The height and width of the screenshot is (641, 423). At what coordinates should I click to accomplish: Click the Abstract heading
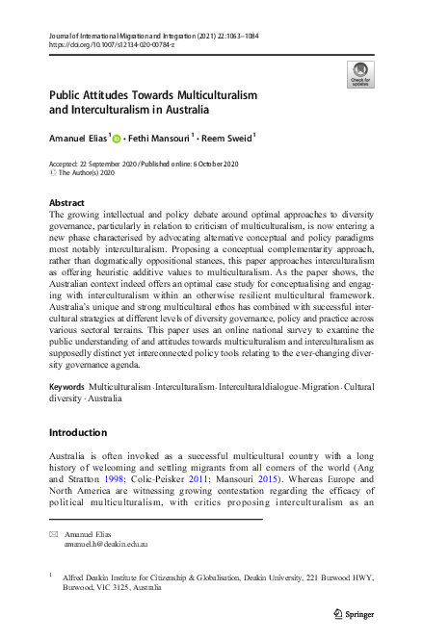point(67,203)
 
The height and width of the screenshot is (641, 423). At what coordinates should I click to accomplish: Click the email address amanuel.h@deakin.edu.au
point(106,544)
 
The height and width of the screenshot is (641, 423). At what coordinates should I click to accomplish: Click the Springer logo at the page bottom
point(354,612)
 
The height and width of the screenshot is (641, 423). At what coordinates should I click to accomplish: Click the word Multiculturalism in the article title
point(202,96)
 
